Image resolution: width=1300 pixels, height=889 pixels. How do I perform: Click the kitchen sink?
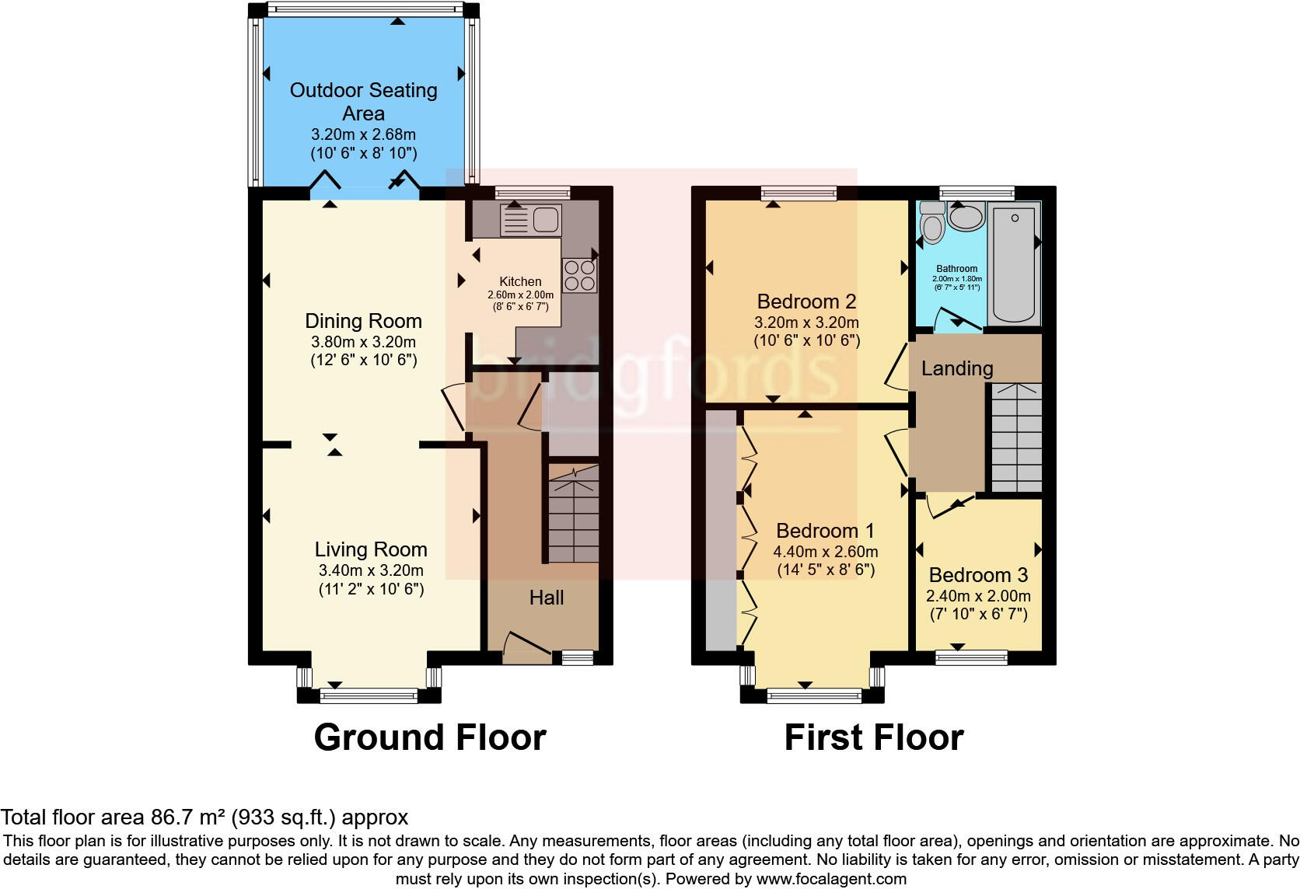point(531,220)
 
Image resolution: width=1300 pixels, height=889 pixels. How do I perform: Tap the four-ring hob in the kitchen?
point(580,274)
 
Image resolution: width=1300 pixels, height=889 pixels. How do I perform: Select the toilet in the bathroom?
point(931,224)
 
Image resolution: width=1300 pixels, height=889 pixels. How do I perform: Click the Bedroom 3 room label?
point(978,575)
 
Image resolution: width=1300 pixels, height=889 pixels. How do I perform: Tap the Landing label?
point(957,368)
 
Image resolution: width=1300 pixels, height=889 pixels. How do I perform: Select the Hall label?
point(547,598)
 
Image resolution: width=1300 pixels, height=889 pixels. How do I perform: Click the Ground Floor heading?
point(430,737)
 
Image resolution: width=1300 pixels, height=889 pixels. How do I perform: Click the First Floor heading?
point(874,737)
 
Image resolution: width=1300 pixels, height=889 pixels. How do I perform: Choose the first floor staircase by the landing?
point(1016,439)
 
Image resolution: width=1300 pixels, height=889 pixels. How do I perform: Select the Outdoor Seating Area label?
point(363,101)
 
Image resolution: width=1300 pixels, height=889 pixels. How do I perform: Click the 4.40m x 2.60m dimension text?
point(826,552)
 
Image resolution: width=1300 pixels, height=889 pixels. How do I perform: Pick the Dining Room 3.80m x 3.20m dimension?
point(363,341)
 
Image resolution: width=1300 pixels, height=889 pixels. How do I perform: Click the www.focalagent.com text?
point(831,879)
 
